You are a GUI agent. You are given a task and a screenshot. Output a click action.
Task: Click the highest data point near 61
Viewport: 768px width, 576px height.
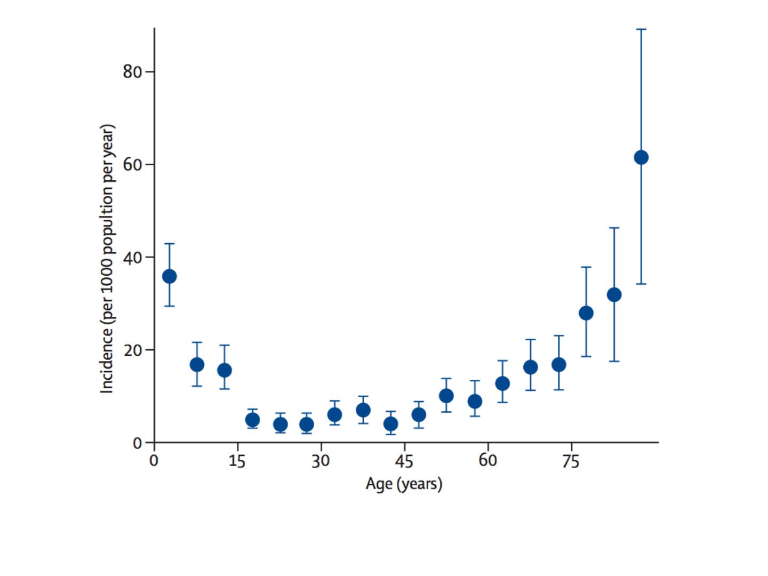point(641,157)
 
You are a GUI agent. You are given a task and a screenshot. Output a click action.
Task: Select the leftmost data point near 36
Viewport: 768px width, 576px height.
point(170,276)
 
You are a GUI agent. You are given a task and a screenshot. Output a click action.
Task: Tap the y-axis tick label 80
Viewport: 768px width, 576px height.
point(132,71)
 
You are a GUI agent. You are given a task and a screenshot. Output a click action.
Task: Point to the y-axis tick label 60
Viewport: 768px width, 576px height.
point(132,164)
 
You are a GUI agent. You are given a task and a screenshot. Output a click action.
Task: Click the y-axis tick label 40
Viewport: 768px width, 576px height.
point(132,257)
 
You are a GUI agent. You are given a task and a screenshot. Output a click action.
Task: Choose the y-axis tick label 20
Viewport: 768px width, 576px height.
point(132,350)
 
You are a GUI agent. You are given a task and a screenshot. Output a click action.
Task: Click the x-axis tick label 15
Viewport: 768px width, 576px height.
point(237,461)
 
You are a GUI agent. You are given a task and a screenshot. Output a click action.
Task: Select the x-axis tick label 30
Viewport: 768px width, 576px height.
point(321,461)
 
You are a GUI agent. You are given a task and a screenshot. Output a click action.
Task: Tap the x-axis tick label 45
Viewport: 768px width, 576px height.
point(404,461)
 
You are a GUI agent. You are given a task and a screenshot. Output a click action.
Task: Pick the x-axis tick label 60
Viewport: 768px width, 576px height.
point(487,461)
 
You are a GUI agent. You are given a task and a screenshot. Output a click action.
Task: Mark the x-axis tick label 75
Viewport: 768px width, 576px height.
point(571,461)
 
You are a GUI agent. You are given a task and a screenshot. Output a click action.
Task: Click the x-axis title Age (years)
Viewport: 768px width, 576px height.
point(404,484)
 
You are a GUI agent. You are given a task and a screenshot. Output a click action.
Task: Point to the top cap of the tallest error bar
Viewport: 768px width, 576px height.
point(641,29)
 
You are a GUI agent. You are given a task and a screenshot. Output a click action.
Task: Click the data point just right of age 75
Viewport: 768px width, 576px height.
point(586,313)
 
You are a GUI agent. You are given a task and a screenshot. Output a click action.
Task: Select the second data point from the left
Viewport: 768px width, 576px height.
point(197,365)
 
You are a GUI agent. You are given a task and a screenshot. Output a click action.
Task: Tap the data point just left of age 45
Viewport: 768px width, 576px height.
point(391,424)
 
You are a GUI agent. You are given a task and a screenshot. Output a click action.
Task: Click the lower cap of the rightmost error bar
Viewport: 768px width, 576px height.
point(641,284)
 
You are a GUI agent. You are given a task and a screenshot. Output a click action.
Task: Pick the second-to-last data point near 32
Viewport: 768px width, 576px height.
point(614,294)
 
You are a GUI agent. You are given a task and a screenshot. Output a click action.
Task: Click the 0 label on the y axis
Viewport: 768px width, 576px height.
point(138,443)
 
